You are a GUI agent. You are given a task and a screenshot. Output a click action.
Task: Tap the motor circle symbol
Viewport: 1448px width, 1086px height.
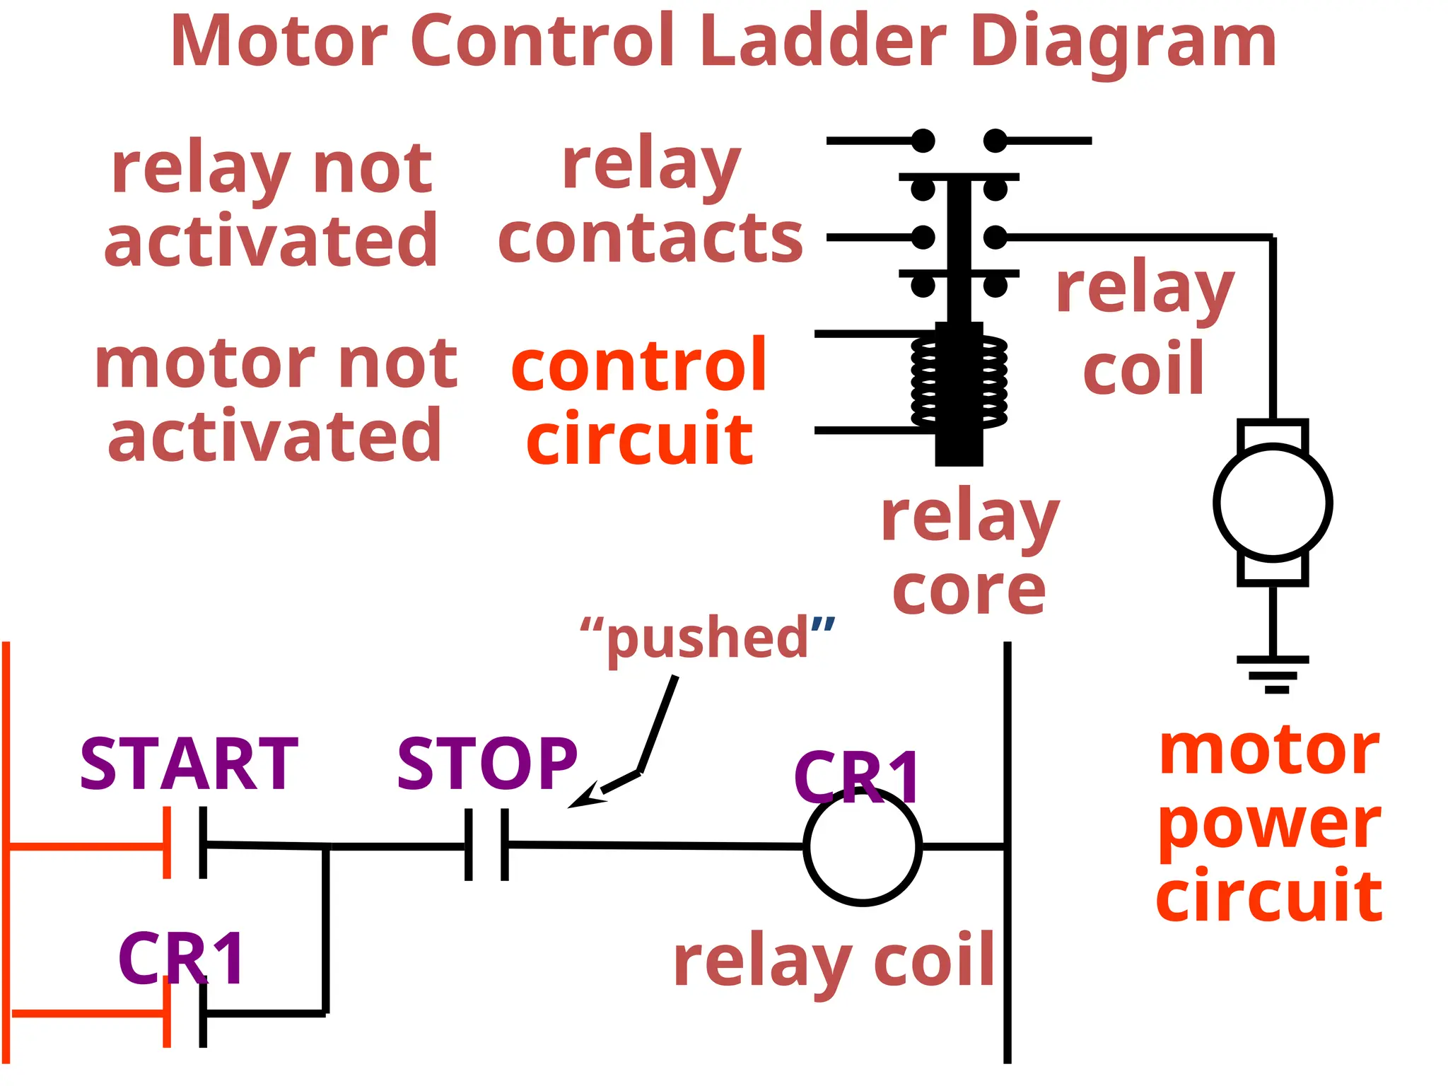click(x=1273, y=503)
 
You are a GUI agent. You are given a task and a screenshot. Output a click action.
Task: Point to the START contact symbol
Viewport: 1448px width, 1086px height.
click(x=185, y=843)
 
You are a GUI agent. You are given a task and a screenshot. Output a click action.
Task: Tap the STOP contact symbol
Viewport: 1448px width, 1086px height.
click(x=486, y=844)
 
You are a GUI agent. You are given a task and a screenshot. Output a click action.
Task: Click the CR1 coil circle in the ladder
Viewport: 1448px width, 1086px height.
click(x=863, y=846)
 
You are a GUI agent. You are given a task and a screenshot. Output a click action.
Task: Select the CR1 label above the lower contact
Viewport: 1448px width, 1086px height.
click(x=182, y=959)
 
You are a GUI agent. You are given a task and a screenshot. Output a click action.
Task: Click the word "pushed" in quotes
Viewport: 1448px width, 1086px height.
click(x=707, y=638)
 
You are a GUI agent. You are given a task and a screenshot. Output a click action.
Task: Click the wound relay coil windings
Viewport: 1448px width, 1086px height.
click(x=959, y=382)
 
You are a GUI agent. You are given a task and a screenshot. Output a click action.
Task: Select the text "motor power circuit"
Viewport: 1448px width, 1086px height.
click(x=1270, y=823)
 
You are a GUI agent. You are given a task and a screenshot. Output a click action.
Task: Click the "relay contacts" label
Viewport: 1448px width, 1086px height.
click(x=650, y=202)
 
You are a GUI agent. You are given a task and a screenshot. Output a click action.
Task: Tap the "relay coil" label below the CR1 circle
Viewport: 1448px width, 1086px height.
click(x=834, y=962)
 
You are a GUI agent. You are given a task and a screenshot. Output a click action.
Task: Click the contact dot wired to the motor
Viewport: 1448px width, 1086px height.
click(x=995, y=238)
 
